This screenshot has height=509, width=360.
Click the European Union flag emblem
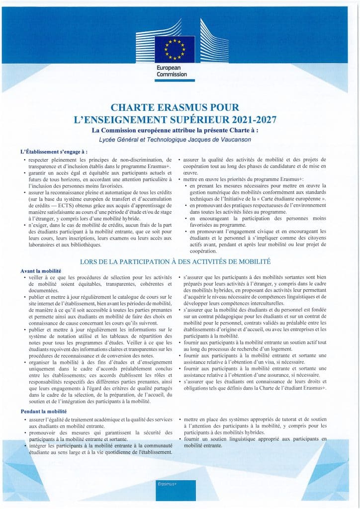click(x=174, y=48)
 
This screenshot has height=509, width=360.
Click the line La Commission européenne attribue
click(x=179, y=130)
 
